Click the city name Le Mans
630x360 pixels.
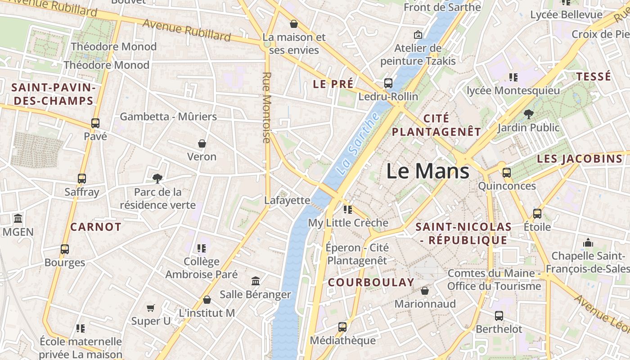427,171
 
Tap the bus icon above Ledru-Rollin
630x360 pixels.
388,83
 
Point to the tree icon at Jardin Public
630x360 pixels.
528,114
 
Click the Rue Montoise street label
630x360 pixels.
266,108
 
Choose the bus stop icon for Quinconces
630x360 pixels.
507,172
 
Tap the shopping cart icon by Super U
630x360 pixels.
151,308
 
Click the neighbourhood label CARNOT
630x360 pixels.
96,227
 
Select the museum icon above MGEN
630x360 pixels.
18,219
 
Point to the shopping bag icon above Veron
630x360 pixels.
202,144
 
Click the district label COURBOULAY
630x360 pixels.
371,282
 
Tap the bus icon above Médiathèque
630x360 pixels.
342,327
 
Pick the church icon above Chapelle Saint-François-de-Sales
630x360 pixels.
588,243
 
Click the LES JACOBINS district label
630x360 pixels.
580,159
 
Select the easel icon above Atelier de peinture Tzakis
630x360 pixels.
418,35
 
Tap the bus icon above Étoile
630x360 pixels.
537,213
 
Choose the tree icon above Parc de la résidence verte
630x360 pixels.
157,179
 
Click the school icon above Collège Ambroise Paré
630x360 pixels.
201,248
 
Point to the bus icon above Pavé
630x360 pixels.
95,123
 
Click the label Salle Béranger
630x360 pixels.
255,295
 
